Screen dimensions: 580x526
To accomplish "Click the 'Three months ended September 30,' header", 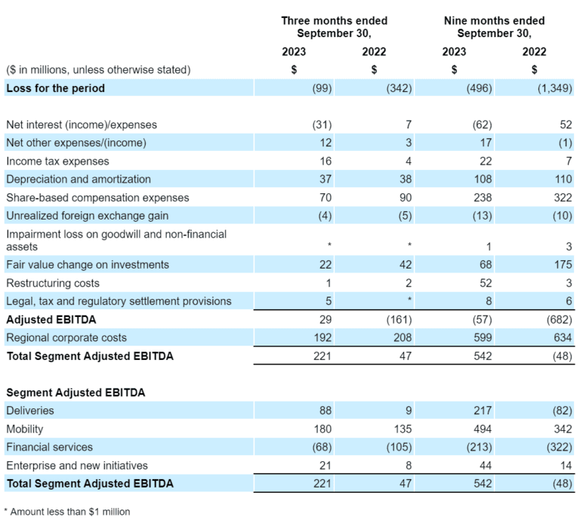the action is point(334,27).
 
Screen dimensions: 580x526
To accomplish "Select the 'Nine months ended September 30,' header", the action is point(494,27).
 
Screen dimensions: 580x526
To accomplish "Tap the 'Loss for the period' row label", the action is point(55,88).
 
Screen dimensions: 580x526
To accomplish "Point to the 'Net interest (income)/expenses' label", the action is point(82,125).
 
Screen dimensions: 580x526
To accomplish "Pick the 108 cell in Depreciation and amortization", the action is point(483,180).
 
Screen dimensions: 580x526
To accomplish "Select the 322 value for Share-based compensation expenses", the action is point(563,198).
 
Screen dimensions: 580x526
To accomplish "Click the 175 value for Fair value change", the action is point(563,265).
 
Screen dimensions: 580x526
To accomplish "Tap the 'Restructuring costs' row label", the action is point(53,283).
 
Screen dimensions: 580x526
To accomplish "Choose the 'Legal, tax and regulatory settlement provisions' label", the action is point(119,301).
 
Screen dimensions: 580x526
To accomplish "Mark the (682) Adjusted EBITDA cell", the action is point(560,319).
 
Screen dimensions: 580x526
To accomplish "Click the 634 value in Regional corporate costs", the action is point(563,337).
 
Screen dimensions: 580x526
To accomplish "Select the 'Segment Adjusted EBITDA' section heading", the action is point(76,392).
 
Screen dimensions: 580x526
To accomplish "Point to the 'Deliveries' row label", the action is point(30,411).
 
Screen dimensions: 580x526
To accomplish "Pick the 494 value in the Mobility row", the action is point(483,429).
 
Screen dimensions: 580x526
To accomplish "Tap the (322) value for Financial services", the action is point(560,448).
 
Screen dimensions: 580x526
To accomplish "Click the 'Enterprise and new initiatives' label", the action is point(77,466).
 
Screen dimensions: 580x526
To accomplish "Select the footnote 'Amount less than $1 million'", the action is point(70,512).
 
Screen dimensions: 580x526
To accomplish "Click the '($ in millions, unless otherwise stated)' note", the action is point(98,70).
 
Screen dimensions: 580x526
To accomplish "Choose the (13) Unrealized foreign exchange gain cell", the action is point(483,216).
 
